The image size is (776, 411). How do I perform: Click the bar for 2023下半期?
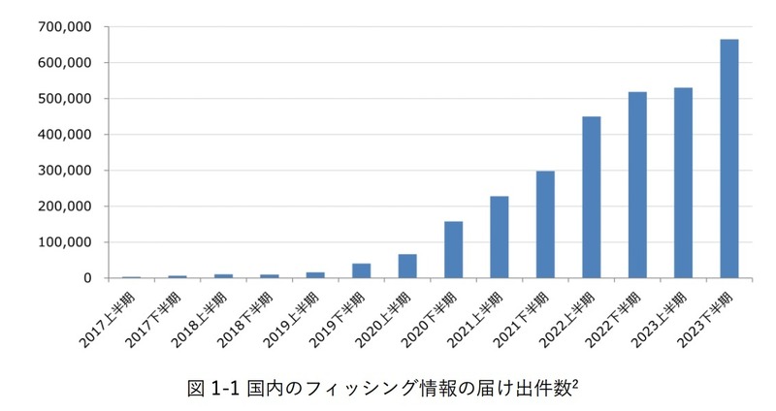(x=728, y=159)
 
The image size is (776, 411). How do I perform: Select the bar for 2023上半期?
(x=683, y=183)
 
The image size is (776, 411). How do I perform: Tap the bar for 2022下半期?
(x=637, y=185)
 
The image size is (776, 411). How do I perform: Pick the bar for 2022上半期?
(x=591, y=198)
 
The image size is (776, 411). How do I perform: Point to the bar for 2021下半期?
(x=545, y=225)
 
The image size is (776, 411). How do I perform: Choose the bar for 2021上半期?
(x=500, y=237)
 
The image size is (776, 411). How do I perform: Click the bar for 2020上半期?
(x=407, y=267)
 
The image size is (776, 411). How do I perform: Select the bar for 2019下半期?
(x=361, y=271)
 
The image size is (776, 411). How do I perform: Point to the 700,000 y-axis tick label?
(x=64, y=27)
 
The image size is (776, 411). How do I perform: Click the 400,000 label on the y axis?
(x=64, y=135)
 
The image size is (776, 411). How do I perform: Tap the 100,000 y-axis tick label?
(x=64, y=242)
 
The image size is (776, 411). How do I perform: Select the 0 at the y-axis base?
(x=87, y=278)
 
